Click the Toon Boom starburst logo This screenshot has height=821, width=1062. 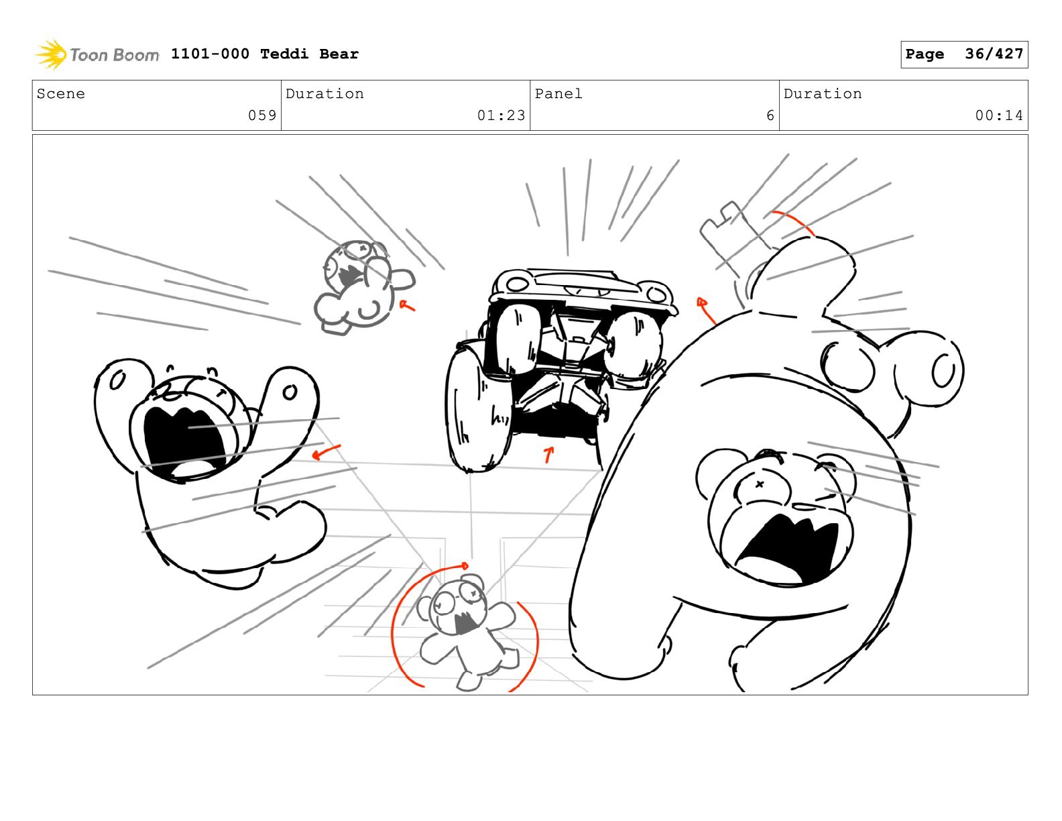point(51,54)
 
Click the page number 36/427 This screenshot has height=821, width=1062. point(994,54)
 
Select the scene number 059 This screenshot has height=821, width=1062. point(262,115)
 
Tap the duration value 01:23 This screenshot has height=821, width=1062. point(501,115)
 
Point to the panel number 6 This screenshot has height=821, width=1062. point(770,115)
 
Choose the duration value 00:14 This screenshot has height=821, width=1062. point(999,115)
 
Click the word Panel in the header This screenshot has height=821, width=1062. point(558,93)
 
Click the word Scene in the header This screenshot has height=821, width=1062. point(60,93)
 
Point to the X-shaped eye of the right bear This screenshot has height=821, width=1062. point(759,484)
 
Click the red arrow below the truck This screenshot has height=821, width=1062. point(549,454)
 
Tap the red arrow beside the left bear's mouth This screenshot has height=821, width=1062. point(325,452)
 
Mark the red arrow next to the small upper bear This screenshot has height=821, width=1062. point(406,306)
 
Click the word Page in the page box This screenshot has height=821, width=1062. point(925,54)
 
